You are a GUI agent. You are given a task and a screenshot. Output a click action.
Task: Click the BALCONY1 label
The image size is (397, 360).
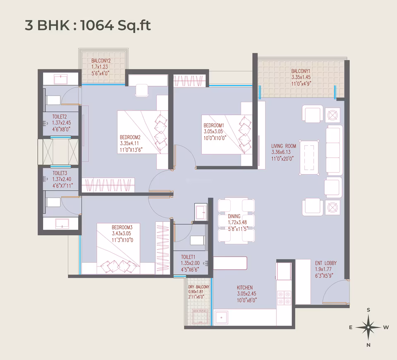301,71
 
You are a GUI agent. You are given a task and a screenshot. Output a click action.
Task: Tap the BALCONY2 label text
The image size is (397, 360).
101,61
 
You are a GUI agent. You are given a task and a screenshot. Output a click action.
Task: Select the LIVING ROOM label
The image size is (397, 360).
284,146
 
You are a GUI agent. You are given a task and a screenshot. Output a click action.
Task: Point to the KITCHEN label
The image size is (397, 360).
244,288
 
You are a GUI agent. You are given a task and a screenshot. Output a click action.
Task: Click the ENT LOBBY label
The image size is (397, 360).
326,263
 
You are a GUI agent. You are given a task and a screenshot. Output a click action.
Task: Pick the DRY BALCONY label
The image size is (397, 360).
199,287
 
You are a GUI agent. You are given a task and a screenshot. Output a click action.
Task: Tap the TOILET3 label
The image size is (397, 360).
60,173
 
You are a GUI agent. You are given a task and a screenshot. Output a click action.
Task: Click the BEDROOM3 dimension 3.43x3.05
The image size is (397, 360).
122,233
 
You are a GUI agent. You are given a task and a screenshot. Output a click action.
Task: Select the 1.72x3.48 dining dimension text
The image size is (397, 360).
237,223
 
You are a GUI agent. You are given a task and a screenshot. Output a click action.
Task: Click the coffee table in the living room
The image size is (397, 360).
309,157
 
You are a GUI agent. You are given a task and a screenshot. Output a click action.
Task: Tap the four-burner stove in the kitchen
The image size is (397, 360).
284,298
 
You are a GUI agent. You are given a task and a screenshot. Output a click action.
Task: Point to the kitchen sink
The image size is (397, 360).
222,318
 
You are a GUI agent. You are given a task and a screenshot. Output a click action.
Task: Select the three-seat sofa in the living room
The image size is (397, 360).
334,150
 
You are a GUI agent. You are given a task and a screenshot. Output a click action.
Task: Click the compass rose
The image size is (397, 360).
368,327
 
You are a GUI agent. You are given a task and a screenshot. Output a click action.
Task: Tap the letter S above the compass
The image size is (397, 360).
368,310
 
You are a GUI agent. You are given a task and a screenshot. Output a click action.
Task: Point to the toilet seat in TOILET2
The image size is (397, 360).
53,100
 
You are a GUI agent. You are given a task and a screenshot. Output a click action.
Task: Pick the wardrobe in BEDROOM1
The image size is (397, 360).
189,81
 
